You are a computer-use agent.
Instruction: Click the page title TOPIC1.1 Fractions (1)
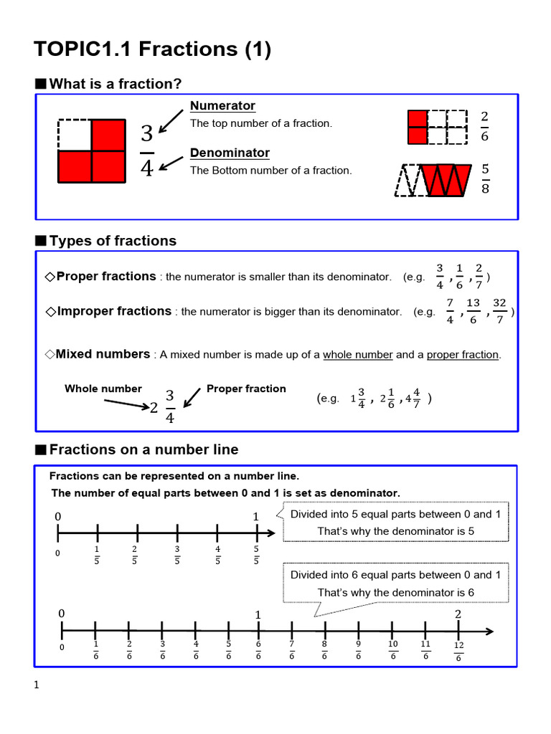(x=152, y=49)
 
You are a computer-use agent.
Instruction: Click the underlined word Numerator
(x=222, y=106)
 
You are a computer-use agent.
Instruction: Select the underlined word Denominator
(x=230, y=153)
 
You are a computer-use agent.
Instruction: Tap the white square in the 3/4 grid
(x=75, y=135)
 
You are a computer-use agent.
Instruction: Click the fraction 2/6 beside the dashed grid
(x=485, y=126)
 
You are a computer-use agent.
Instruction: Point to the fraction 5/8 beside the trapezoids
(x=485, y=178)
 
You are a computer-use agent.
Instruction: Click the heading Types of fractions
(x=113, y=241)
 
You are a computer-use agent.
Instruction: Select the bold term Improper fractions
(x=113, y=311)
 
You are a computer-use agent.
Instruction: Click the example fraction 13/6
(x=473, y=312)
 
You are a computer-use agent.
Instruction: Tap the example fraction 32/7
(x=500, y=312)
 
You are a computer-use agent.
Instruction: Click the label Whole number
(x=103, y=389)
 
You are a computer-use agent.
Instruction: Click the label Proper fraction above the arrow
(x=246, y=389)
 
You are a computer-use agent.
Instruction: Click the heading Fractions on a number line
(x=143, y=449)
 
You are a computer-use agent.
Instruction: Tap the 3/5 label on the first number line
(x=176, y=556)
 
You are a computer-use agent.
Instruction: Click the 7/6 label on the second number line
(x=292, y=650)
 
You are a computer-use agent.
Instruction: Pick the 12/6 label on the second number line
(x=458, y=652)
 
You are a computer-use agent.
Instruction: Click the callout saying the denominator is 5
(x=396, y=523)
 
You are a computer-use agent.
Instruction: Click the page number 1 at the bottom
(x=37, y=685)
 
